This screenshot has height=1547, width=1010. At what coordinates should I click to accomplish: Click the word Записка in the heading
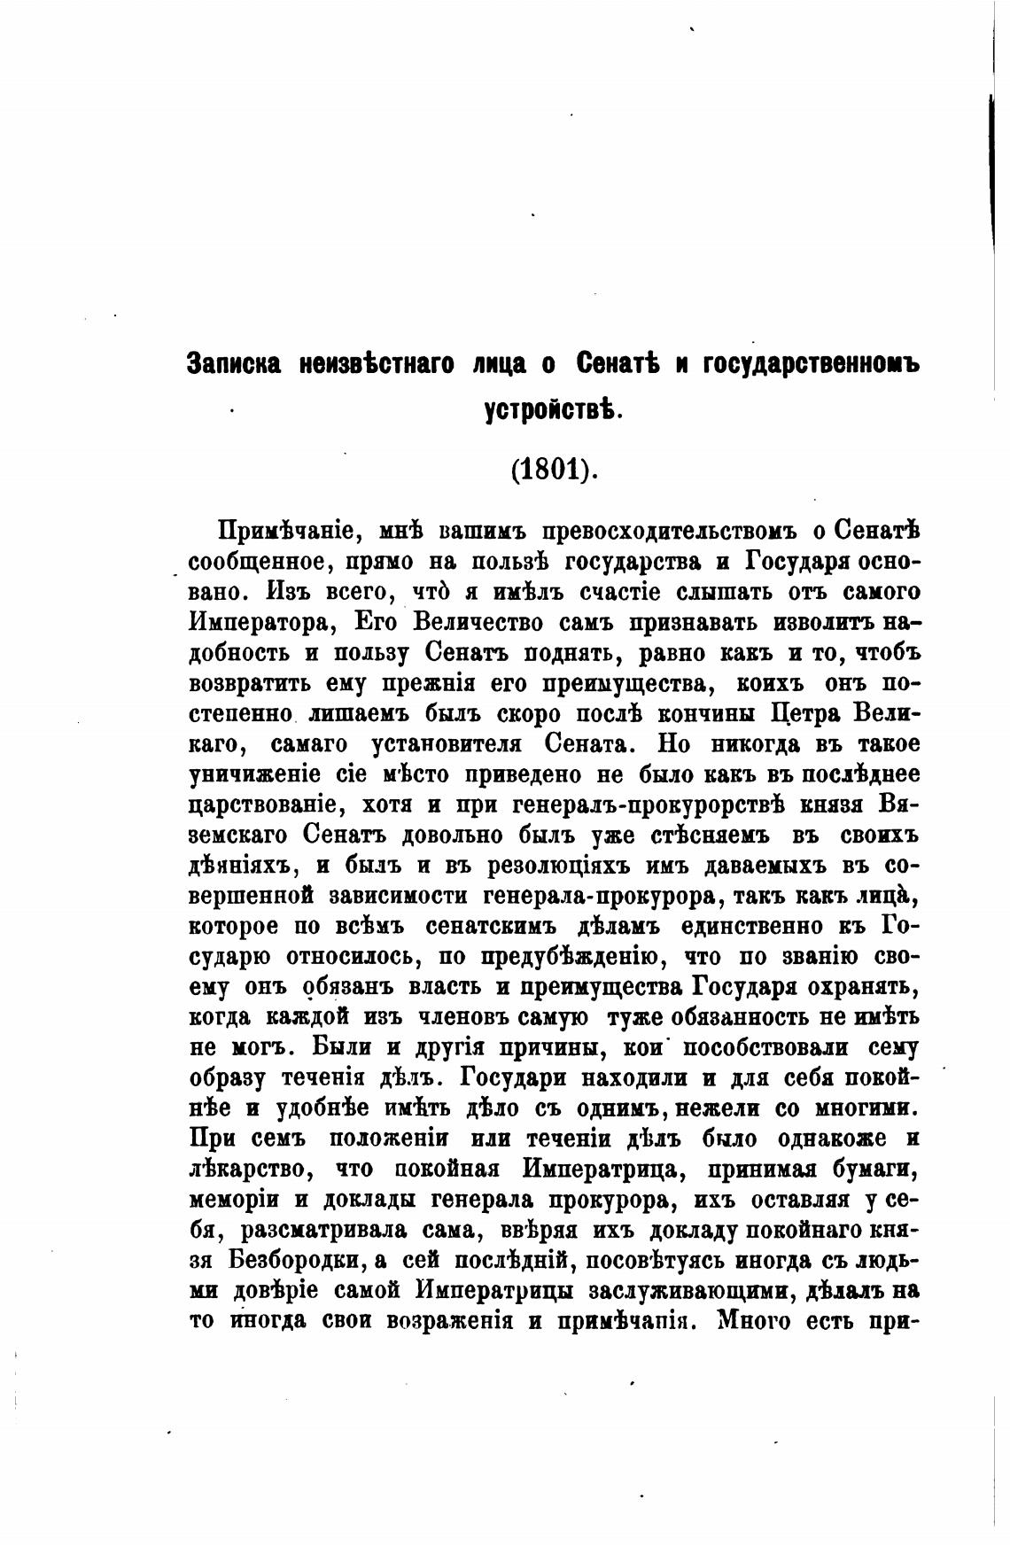tap(234, 364)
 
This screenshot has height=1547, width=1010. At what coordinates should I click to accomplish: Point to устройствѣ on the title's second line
tap(555, 410)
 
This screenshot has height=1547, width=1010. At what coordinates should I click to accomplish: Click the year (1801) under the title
tap(555, 469)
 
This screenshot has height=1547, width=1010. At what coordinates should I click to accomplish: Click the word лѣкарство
tap(252, 1170)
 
